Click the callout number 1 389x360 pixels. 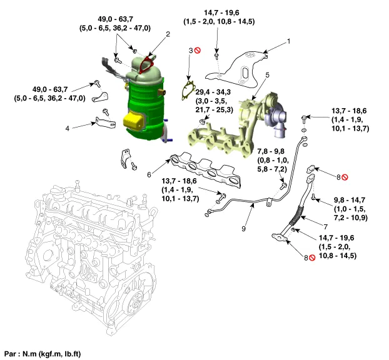[289, 41]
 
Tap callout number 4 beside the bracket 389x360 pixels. [68, 129]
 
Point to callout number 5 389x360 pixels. [267, 75]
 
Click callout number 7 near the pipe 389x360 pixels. [326, 224]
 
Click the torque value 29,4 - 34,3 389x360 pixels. [213, 91]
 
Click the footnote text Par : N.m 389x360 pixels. [43, 353]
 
